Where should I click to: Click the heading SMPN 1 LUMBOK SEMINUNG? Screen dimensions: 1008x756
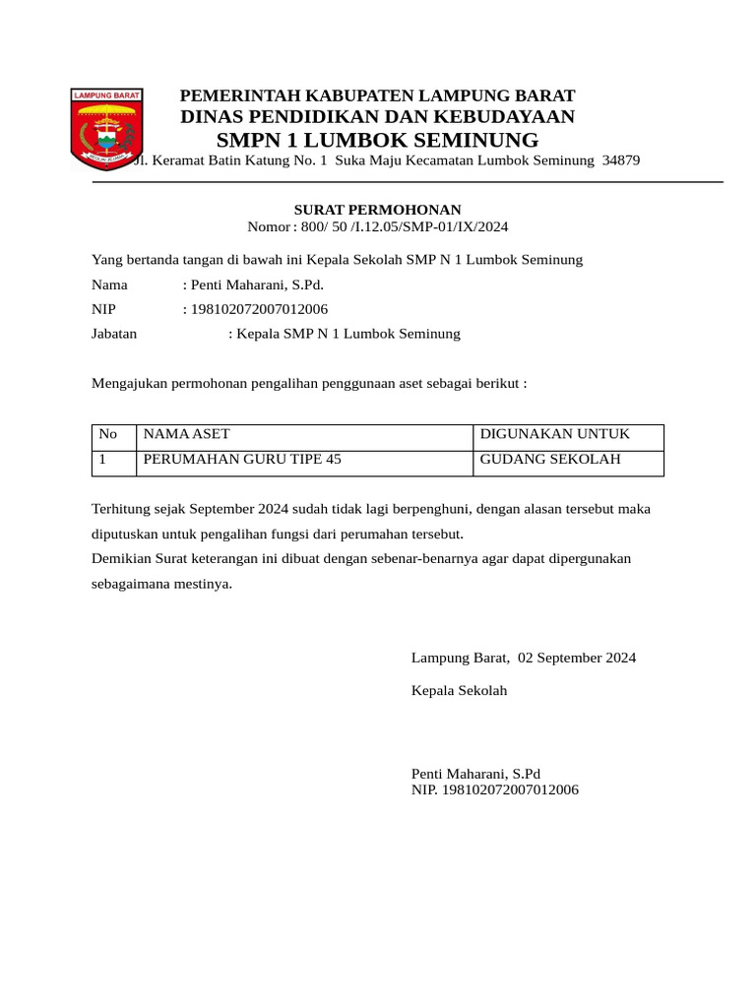pyautogui.click(x=377, y=139)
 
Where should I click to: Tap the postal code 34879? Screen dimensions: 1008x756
pyautogui.click(x=620, y=159)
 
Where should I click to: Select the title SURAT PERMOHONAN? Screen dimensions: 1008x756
pyautogui.click(x=378, y=210)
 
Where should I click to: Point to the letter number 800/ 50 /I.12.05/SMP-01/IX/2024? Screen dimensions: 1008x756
pyautogui.click(x=403, y=227)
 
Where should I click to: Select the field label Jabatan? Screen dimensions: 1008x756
pyautogui.click(x=114, y=334)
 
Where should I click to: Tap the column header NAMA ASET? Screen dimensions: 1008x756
pyautogui.click(x=187, y=434)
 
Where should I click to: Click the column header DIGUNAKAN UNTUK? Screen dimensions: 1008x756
pyautogui.click(x=554, y=434)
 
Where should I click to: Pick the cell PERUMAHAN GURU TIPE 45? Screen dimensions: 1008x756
pyautogui.click(x=243, y=460)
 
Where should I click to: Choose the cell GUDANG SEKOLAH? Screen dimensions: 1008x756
pyautogui.click(x=550, y=460)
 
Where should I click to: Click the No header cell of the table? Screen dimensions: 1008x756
pyautogui.click(x=108, y=434)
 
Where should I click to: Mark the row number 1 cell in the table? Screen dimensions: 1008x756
pyautogui.click(x=103, y=460)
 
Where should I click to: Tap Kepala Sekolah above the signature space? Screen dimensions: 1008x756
pyautogui.click(x=460, y=691)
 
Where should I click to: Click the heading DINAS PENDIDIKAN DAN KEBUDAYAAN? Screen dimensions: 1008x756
pyautogui.click(x=378, y=117)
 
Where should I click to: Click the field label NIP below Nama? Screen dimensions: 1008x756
pyautogui.click(x=104, y=309)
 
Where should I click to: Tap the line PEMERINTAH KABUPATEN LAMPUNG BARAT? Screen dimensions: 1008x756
pyautogui.click(x=378, y=95)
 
